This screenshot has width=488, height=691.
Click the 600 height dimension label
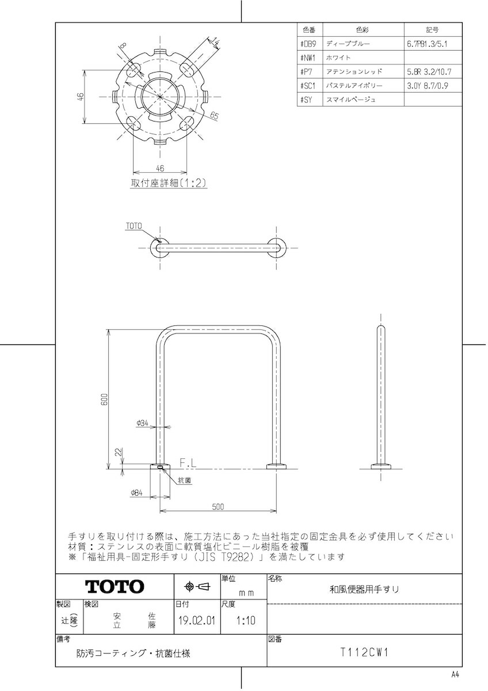coord(105,399)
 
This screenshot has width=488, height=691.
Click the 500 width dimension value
coord(218,507)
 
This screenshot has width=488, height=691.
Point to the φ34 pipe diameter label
coord(142,423)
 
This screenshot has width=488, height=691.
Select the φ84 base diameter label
coord(136,493)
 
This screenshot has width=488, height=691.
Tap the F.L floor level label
coord(188,463)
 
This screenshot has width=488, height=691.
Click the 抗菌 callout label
coord(185,480)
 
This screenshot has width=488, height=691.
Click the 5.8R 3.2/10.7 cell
coord(429,72)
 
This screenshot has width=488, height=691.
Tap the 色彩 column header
coord(363,29)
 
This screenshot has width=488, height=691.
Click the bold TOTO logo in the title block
coord(115,586)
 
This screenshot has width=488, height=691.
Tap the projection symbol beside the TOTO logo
coord(197,586)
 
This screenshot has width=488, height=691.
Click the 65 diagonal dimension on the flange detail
coord(214,115)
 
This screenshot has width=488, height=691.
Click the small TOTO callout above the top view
coord(134,226)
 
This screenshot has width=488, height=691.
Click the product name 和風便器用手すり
coord(364,590)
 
